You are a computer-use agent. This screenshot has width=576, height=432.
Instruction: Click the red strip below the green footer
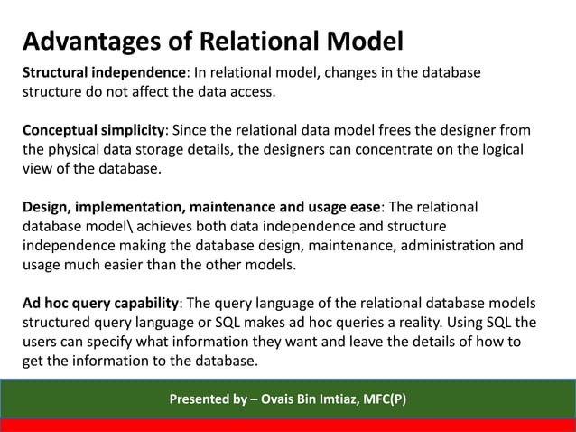(288, 425)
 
